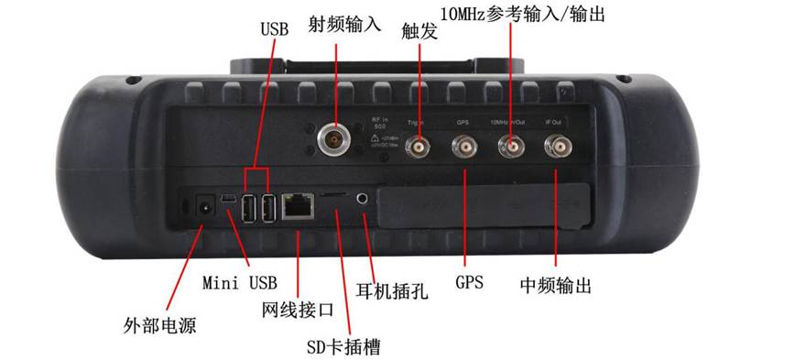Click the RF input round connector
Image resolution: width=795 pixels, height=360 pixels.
(332, 139)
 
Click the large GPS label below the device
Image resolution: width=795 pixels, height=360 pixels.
(468, 279)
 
